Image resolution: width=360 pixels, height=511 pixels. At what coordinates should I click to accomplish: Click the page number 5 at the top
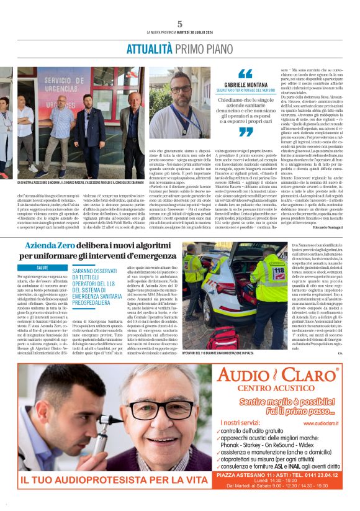[x=180, y=24]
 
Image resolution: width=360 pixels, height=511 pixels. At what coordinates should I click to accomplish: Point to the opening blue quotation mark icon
[x=246, y=73]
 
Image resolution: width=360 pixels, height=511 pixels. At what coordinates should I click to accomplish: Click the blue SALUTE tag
[x=43, y=268]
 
